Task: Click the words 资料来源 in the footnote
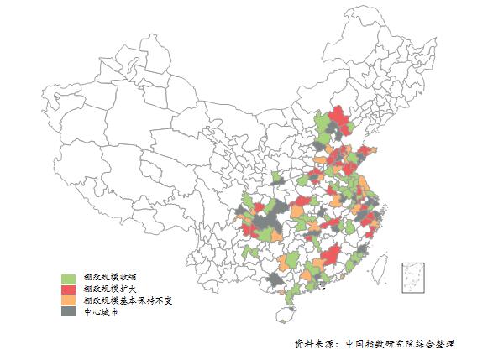(x=312, y=344)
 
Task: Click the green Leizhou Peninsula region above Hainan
(x=291, y=295)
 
